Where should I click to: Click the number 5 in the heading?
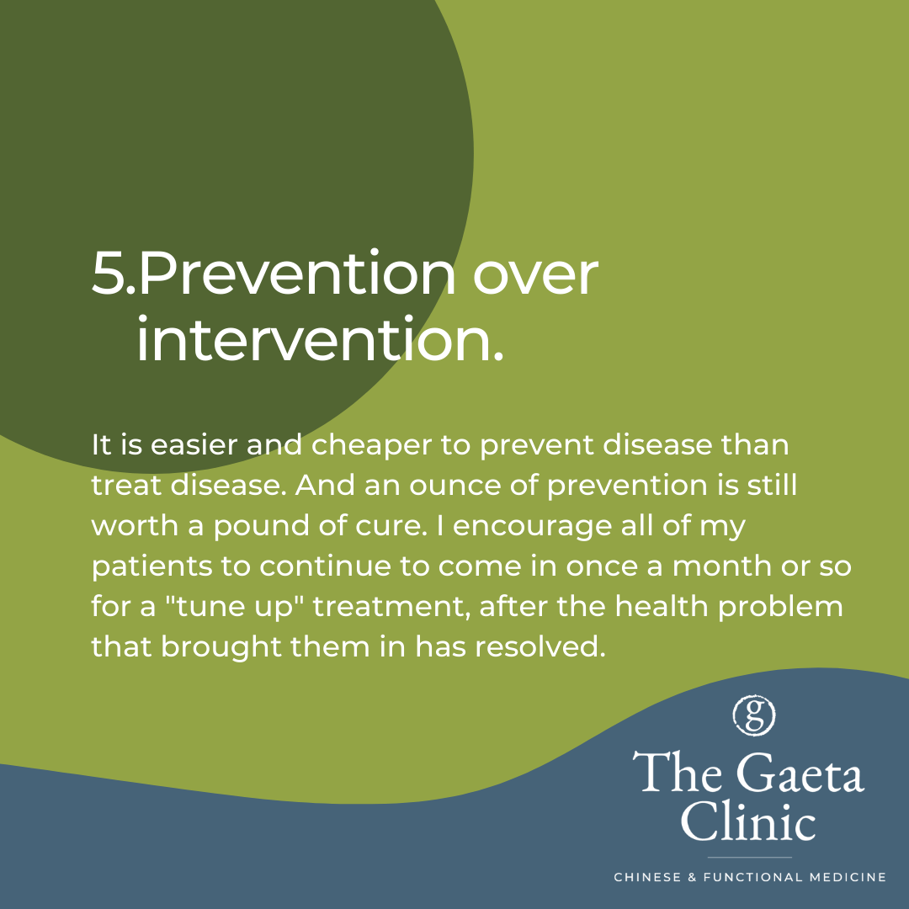point(109,273)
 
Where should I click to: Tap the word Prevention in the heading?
point(297,273)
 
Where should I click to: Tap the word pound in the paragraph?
point(261,527)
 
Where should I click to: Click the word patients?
point(151,567)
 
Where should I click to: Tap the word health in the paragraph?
point(661,605)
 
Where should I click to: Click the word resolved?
point(540,646)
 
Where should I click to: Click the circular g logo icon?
point(753,715)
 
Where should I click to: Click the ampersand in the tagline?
point(692,877)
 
